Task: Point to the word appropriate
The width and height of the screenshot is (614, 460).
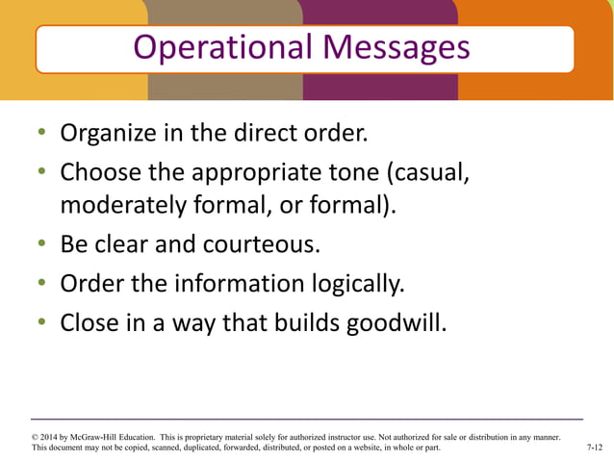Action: (x=259, y=173)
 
